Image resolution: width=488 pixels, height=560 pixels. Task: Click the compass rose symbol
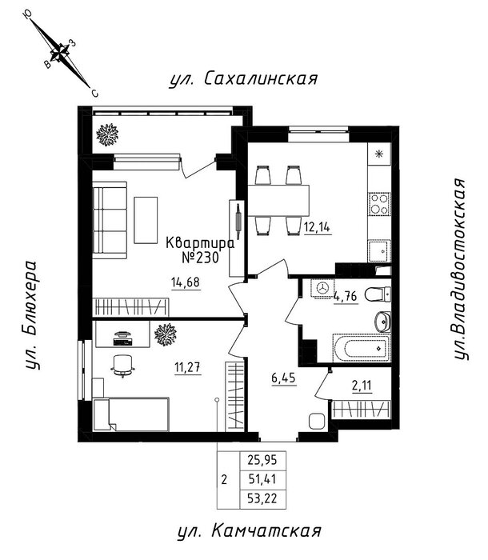coord(60,53)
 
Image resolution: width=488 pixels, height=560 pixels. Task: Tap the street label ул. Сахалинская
coord(243,79)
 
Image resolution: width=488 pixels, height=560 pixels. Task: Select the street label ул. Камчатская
coord(249,531)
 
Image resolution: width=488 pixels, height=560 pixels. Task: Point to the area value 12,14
coord(318,226)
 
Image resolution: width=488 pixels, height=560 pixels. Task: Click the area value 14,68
coord(186,282)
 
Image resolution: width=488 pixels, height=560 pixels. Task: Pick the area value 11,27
coord(187,367)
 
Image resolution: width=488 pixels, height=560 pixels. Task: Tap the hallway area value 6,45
coord(284,378)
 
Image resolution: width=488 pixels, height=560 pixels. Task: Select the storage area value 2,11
coord(362,386)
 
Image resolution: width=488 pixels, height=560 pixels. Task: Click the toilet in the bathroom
coord(378,294)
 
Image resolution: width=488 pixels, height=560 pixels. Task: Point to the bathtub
coord(362,348)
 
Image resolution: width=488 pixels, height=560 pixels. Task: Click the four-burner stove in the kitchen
coord(379,204)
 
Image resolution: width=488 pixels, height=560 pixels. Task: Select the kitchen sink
coord(379,251)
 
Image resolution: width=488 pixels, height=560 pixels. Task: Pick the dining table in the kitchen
coord(278,200)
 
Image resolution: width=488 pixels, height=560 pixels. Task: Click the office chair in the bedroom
coord(123,366)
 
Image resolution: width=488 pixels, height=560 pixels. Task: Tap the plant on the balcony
coord(107,134)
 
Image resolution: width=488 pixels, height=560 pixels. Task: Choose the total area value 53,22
coord(262,498)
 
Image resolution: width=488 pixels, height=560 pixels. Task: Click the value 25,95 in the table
coord(262,460)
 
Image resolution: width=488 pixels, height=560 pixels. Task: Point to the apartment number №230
coord(200,257)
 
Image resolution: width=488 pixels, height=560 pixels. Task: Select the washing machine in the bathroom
coord(322,288)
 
